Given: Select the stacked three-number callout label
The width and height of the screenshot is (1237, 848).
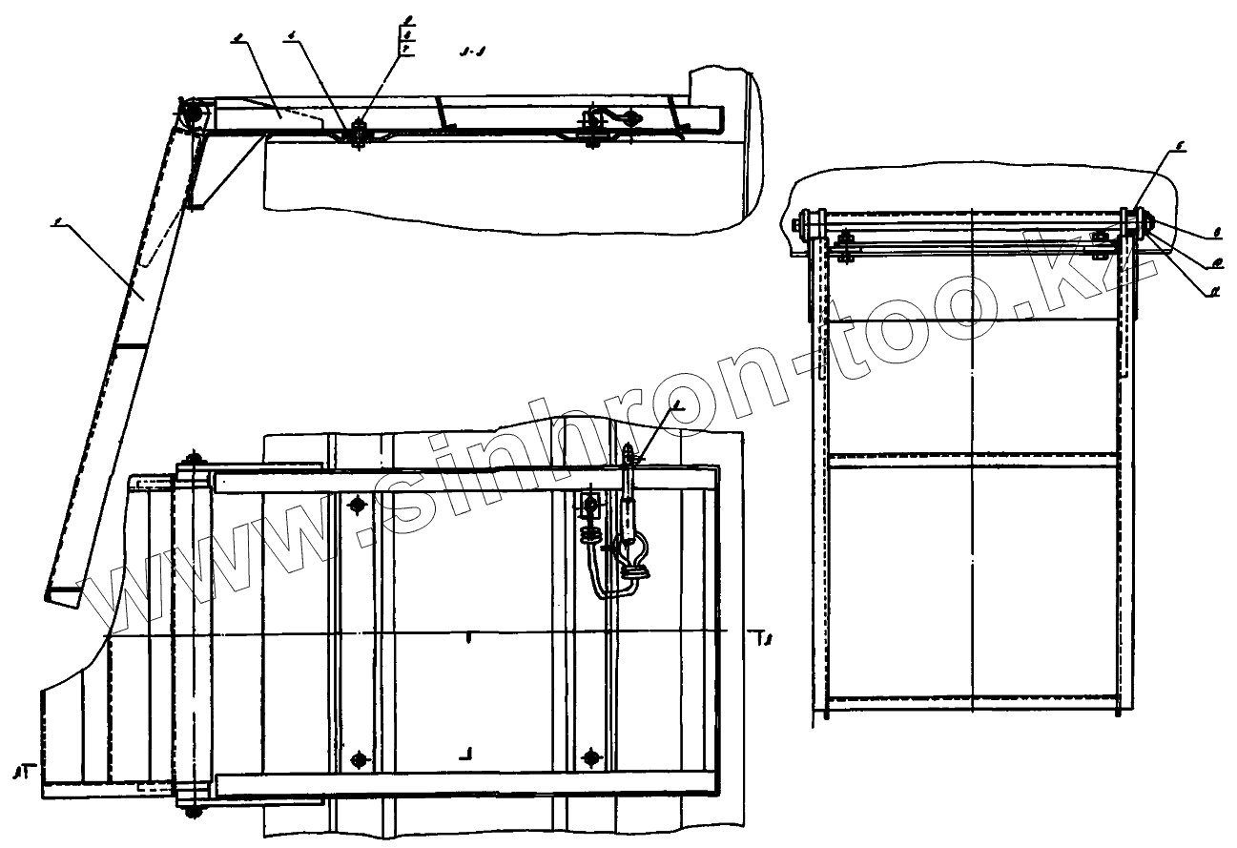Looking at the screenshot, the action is pyautogui.click(x=408, y=32).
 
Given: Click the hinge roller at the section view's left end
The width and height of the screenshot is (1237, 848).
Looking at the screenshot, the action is pyautogui.click(x=190, y=113).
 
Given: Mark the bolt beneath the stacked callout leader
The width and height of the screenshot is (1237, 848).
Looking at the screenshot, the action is pyautogui.click(x=359, y=134).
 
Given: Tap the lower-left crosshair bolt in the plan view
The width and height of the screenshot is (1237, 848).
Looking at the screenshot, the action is pyautogui.click(x=359, y=759).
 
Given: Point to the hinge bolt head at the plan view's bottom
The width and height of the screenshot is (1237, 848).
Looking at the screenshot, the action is pyautogui.click(x=195, y=811).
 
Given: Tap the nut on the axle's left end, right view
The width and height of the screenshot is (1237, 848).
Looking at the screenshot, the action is pyautogui.click(x=795, y=225).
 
